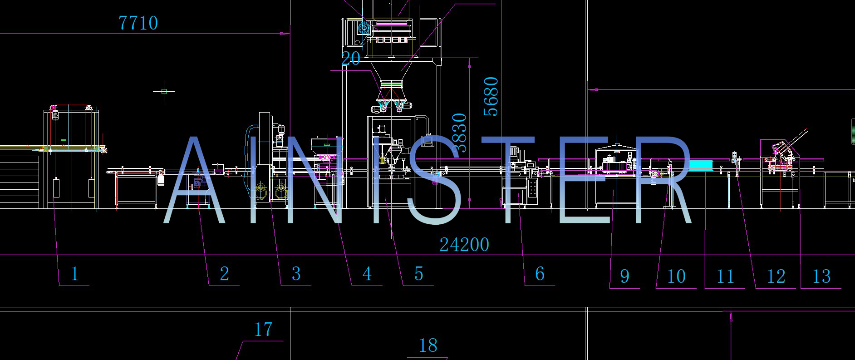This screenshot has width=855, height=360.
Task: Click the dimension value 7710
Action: [138, 23]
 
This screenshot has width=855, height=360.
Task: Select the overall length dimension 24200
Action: [464, 245]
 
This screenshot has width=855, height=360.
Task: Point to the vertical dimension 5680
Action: [491, 96]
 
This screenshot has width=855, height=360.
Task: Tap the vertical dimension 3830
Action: [459, 133]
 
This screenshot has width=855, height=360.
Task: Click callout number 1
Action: [75, 274]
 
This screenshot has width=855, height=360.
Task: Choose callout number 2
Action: [224, 274]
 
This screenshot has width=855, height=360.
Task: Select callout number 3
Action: [296, 274]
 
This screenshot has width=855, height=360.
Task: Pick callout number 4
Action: [367, 274]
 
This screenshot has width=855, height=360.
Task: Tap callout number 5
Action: [418, 274]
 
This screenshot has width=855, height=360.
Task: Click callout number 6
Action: [540, 274]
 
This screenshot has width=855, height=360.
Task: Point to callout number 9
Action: [625, 276]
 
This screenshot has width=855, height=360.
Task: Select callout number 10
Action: [676, 276]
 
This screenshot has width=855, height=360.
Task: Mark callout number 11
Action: [725, 276]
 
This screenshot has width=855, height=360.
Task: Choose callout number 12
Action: [776, 276]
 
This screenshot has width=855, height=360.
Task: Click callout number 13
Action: [821, 276]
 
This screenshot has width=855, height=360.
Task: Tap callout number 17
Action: [263, 330]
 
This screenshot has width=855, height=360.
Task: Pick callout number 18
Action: [428, 346]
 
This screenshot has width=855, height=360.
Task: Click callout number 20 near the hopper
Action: [351, 59]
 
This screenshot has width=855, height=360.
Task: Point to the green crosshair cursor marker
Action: [164, 92]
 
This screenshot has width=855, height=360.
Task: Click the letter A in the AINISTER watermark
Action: [194, 182]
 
